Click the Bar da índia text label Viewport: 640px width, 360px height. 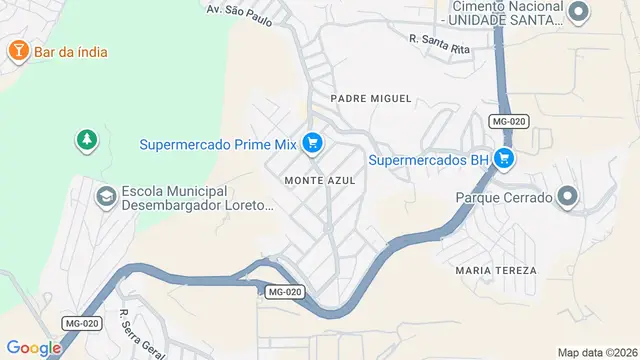coord(71,51)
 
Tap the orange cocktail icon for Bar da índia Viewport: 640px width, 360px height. coord(17,50)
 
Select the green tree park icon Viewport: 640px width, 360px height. coord(88,141)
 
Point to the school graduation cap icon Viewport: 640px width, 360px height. coord(105,197)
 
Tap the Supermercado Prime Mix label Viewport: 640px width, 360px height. coord(218,144)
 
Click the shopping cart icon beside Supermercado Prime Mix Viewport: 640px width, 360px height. coord(312,144)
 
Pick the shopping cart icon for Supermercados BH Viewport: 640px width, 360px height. coord(504,158)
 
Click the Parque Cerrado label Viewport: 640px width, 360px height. coord(504,198)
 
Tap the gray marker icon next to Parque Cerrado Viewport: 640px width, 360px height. coord(568,197)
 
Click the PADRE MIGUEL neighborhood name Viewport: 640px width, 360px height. coord(371,98)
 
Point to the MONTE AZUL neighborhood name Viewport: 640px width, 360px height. coord(320,181)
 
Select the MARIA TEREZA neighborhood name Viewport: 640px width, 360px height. coord(495,271)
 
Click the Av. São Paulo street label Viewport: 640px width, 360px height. coord(239,9)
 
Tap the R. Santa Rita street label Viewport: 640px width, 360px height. coord(439,39)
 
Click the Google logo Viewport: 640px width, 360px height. coord(33,348)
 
